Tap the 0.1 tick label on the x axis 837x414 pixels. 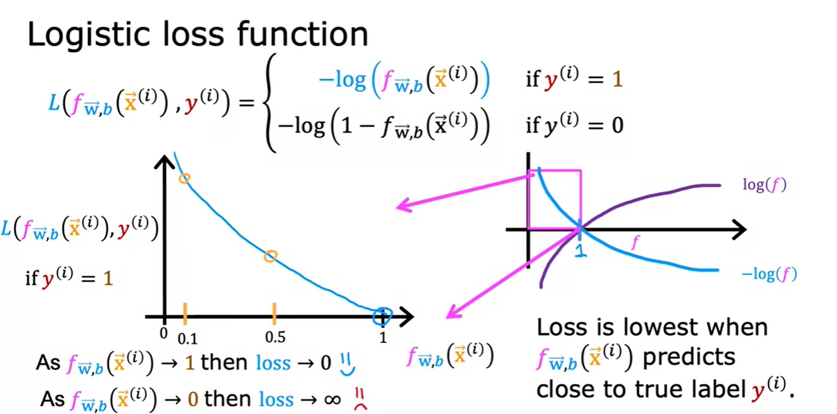(x=187, y=338)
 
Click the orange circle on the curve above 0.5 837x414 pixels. (x=271, y=256)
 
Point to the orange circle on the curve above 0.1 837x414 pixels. (x=184, y=179)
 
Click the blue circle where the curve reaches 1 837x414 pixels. (x=383, y=315)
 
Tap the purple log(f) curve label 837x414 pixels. (x=764, y=184)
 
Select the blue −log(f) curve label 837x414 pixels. (x=769, y=275)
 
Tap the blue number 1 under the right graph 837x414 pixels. (x=578, y=250)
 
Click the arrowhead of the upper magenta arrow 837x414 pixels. (x=400, y=207)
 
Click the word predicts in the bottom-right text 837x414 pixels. (x=689, y=357)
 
